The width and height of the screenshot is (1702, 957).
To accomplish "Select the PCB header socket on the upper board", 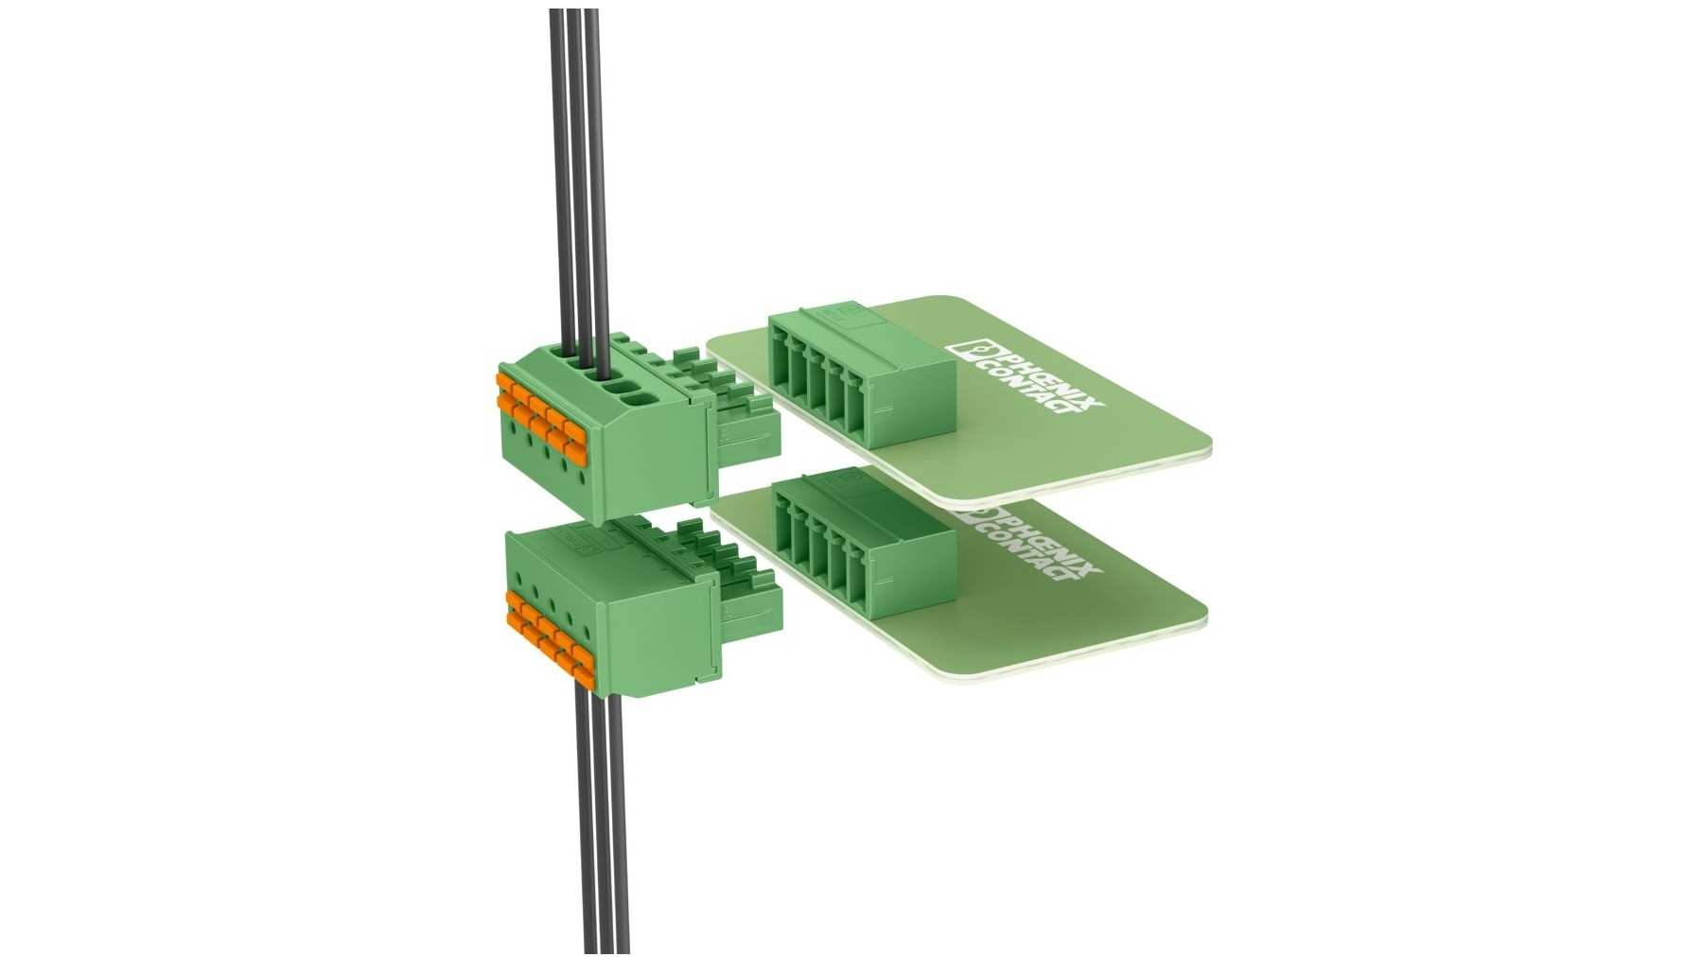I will coord(861,378).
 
